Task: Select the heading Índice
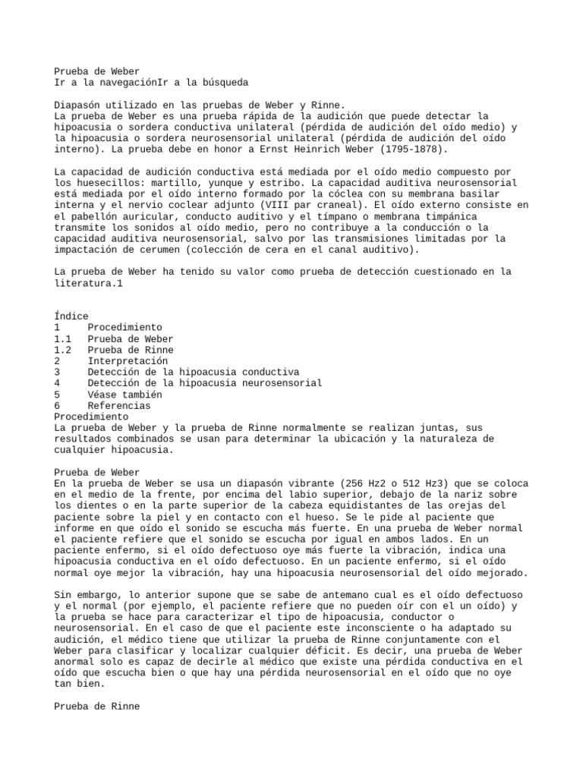point(71,316)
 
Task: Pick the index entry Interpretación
point(127,361)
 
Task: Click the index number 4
point(58,383)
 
